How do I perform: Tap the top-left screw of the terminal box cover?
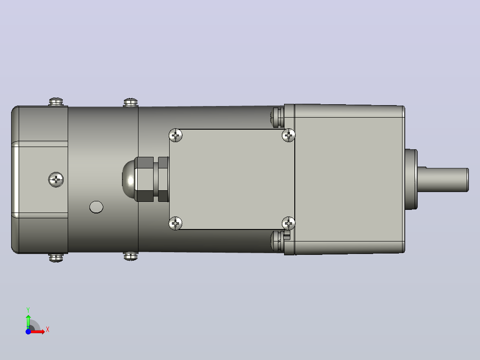[x=175, y=135]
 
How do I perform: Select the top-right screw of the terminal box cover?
[x=289, y=135]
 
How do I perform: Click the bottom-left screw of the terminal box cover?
[x=175, y=223]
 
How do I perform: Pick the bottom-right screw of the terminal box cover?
[x=289, y=223]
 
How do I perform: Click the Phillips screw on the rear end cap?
[x=56, y=180]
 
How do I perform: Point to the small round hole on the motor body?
[x=96, y=207]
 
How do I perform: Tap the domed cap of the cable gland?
[x=128, y=179]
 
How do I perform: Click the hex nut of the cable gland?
[x=144, y=179]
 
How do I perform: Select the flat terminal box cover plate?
[x=232, y=179]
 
